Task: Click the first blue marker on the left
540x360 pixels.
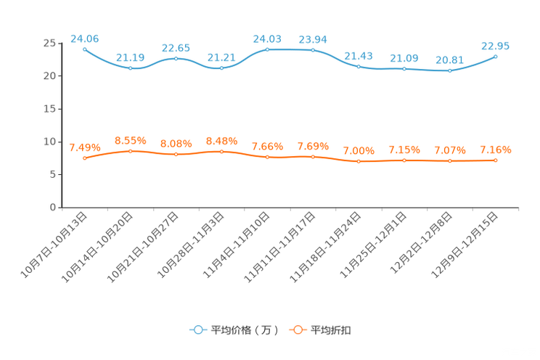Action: (x=85, y=49)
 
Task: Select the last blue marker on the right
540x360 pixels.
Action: (x=496, y=56)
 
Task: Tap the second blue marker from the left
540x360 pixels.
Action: (x=131, y=68)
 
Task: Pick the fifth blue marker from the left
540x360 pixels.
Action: (x=268, y=49)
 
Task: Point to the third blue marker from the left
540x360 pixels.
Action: (x=176, y=58)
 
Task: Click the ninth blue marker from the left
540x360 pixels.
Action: (x=450, y=70)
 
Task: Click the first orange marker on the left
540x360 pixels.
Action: (x=85, y=157)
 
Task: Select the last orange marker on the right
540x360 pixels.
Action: (x=496, y=160)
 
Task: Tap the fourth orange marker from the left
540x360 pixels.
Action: (x=222, y=151)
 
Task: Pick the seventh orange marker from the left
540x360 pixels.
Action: (x=359, y=160)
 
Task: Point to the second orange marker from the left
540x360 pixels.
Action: (x=131, y=151)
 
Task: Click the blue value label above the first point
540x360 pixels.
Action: (x=84, y=38)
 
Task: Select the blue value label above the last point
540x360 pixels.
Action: (x=496, y=45)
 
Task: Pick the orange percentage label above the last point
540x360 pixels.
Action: (x=496, y=150)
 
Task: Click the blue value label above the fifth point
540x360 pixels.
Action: (x=267, y=38)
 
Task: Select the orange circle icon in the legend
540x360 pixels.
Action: (x=297, y=330)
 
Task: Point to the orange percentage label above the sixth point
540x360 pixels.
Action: (x=313, y=147)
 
